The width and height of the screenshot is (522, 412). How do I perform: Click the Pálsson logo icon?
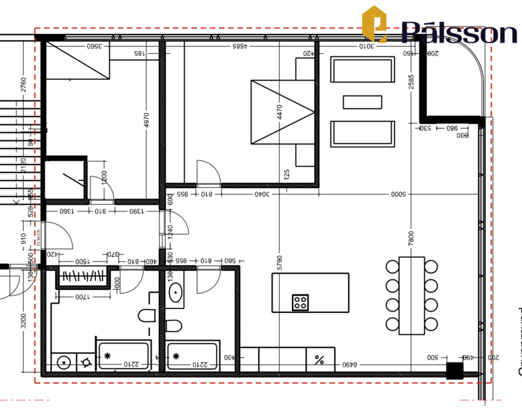point(374,25)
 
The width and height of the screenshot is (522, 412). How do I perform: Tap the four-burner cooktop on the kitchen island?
point(301,302)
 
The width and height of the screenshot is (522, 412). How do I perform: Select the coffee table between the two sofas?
point(362,102)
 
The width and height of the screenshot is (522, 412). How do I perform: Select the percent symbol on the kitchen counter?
point(319,360)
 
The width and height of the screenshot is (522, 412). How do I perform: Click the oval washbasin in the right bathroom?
point(176,293)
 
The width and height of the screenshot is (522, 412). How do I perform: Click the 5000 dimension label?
point(398,194)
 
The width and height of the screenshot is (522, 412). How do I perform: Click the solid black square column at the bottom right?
point(454,371)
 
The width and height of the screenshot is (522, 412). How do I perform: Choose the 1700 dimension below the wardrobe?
point(83,296)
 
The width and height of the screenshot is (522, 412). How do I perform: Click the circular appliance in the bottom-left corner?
point(64,363)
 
